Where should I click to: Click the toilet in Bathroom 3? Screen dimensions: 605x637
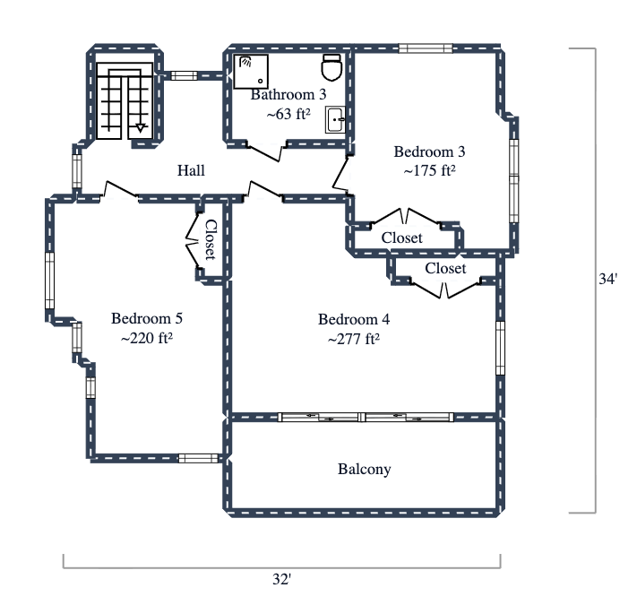click(331, 66)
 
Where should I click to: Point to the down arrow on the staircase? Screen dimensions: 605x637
click(140, 128)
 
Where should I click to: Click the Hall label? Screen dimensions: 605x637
click(191, 170)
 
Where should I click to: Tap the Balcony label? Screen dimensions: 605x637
click(364, 469)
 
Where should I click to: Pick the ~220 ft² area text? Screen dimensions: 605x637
click(146, 339)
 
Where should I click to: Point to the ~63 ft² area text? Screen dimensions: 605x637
click(288, 114)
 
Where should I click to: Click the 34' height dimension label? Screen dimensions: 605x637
click(607, 280)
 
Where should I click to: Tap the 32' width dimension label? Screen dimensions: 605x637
click(281, 580)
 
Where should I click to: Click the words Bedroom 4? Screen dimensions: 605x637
click(354, 319)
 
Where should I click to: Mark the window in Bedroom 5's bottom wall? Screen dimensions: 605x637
click(198, 458)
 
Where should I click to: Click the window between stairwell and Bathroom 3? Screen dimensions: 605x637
click(185, 75)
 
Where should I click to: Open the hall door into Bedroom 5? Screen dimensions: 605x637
click(121, 191)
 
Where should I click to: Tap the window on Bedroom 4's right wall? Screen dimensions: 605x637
click(500, 348)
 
